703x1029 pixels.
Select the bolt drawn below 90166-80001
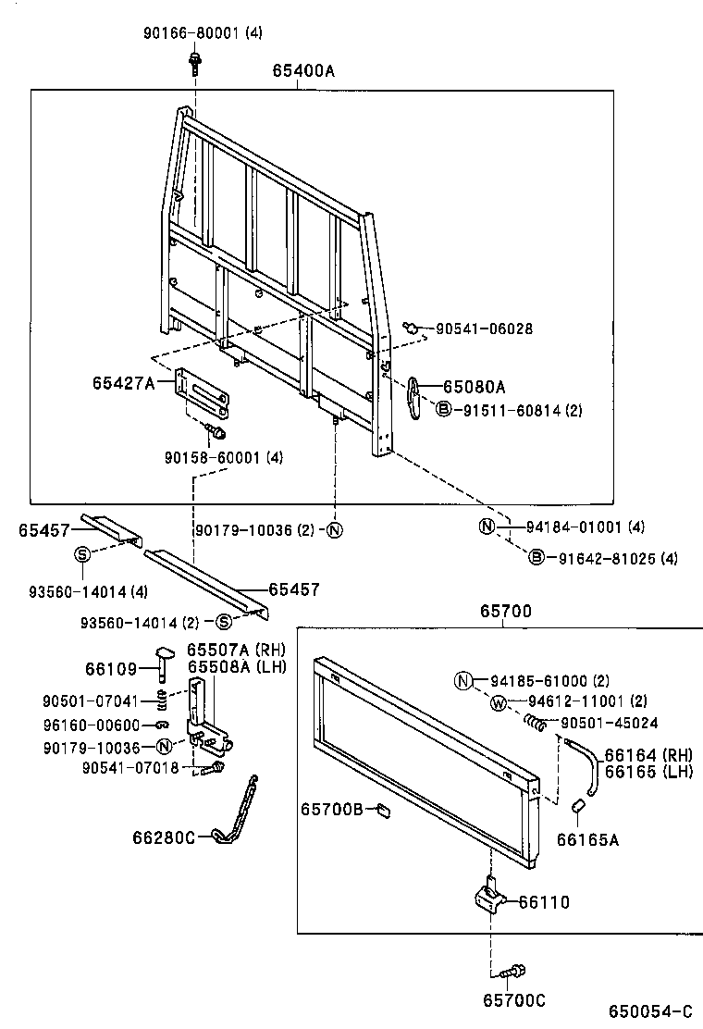click(195, 63)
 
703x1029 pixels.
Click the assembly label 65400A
click(303, 70)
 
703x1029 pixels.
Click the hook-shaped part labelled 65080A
click(415, 396)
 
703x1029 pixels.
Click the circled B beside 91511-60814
click(443, 409)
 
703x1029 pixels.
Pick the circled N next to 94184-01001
click(487, 527)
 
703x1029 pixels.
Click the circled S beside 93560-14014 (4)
click(81, 554)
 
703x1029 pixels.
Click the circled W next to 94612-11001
click(498, 702)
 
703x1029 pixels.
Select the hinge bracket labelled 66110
click(490, 897)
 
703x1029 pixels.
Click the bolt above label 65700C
click(511, 972)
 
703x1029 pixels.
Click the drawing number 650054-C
click(649, 1011)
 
